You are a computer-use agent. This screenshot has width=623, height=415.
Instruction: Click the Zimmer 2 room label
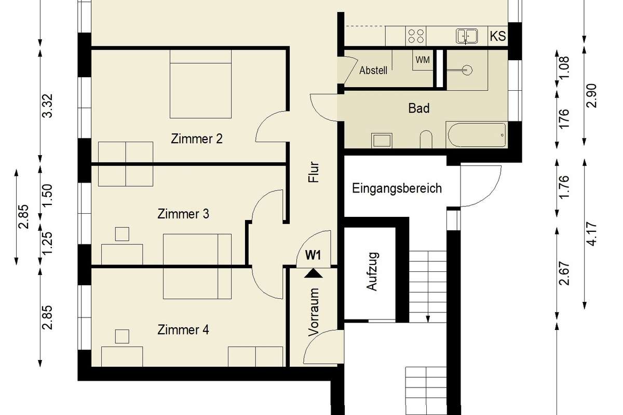(197, 139)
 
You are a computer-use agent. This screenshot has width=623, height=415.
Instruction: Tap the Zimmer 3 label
(183, 214)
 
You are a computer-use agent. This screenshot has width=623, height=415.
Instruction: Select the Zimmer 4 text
(183, 329)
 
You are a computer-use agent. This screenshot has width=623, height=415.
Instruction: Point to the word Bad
(419, 108)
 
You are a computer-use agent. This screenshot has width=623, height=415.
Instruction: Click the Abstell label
(373, 71)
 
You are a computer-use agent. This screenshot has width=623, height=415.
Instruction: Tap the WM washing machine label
(423, 60)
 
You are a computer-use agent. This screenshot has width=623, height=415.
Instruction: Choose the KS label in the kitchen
(498, 36)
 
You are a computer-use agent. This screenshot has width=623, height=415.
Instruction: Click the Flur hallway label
(314, 172)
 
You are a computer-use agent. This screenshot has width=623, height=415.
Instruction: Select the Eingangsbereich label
(397, 188)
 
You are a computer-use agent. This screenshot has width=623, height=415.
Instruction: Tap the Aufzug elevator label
(372, 271)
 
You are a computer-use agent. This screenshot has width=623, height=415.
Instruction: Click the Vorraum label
(314, 312)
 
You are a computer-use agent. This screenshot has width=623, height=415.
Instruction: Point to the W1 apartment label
(313, 255)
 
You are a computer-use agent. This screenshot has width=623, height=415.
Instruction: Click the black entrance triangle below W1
(314, 273)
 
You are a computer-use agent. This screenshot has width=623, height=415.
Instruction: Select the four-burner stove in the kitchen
(416, 36)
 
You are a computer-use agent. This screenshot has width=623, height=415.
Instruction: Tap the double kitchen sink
(467, 36)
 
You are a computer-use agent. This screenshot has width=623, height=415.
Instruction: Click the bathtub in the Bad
(477, 135)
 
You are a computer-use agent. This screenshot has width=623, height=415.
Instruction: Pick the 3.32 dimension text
(47, 106)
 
